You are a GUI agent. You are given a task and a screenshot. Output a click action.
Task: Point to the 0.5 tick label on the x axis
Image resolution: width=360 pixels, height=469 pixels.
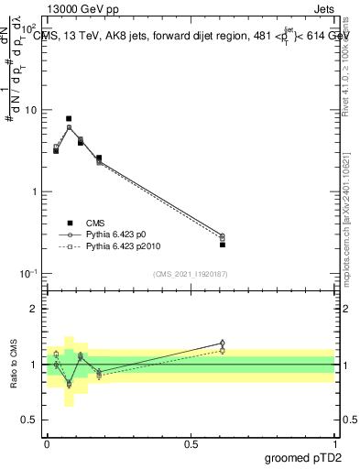tap(191, 444)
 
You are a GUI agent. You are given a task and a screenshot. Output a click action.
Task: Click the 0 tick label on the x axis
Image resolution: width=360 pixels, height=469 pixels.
tap(47, 444)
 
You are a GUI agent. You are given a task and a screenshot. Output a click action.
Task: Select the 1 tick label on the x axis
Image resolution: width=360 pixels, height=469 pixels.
tap(334, 444)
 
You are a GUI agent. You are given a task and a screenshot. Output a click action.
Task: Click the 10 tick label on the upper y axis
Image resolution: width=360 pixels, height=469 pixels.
tap(30, 110)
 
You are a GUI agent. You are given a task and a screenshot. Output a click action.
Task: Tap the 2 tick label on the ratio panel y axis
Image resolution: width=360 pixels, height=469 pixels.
tap(34, 309)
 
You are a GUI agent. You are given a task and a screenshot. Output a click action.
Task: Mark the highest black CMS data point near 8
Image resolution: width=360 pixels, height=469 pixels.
tap(69, 119)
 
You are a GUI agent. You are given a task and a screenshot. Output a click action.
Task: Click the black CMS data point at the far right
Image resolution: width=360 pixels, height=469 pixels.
tap(223, 245)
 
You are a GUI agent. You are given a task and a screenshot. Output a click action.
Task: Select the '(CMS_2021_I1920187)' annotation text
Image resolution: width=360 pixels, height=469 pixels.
tap(190, 274)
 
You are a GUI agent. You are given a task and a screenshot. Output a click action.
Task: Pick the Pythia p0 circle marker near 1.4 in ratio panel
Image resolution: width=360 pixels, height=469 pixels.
tap(223, 344)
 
